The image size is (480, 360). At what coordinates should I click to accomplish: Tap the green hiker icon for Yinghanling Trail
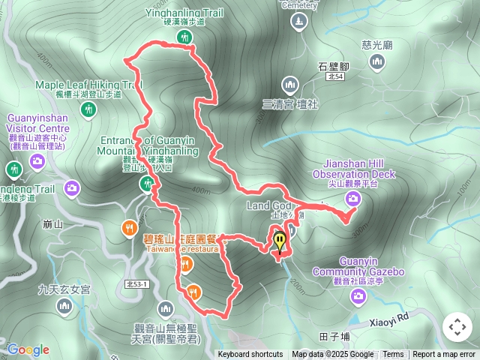click(x=184, y=37)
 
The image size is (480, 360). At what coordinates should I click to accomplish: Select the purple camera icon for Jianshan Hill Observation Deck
click(x=352, y=199)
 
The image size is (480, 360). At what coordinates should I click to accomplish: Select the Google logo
click(x=28, y=349)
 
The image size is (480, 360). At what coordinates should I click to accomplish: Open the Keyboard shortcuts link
click(x=250, y=355)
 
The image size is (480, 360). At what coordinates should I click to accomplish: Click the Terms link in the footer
click(x=393, y=355)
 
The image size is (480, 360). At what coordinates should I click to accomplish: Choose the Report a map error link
click(x=444, y=355)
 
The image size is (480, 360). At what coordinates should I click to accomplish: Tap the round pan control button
click(x=457, y=327)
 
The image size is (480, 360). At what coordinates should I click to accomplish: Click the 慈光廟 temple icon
click(x=377, y=63)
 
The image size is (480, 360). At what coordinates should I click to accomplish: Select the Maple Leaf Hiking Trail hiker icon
click(x=89, y=110)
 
